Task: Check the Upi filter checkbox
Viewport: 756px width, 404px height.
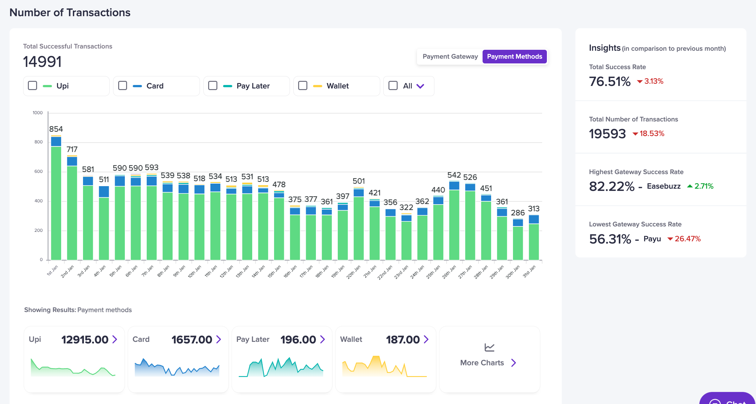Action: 33,86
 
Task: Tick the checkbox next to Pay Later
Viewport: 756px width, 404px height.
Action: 213,86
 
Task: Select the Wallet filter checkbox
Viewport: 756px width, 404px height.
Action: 303,86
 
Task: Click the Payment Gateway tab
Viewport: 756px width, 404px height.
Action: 450,56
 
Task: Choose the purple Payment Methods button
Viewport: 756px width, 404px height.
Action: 514,56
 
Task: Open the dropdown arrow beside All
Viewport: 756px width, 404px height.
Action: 420,86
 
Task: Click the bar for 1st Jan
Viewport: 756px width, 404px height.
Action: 56,203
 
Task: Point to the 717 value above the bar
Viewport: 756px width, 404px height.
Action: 72,149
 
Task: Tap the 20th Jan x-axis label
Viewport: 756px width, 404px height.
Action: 353,272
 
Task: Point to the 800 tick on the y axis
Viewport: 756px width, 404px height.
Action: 38,142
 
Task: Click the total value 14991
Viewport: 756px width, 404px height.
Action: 42,62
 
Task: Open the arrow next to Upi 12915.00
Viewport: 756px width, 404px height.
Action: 115,339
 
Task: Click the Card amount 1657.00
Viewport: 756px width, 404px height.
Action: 192,340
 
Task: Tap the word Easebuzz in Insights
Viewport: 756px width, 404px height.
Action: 663,186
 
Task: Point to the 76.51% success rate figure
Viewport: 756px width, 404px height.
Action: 610,81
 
